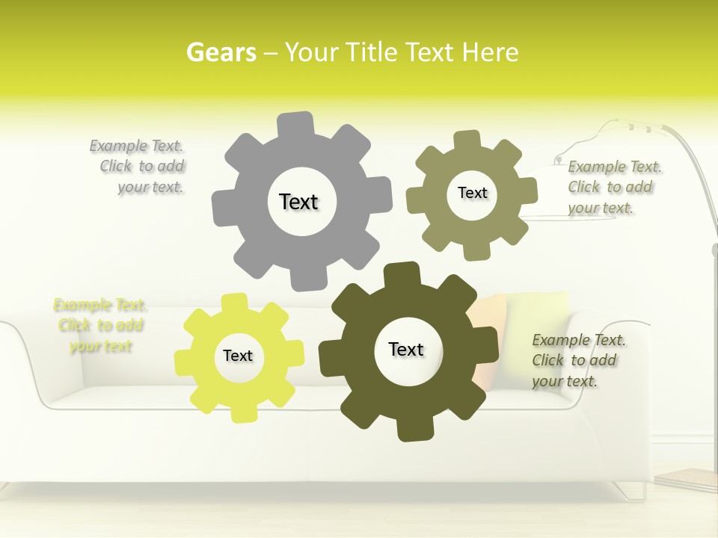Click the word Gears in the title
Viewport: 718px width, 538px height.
tap(221, 52)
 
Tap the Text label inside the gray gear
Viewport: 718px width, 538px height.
tap(298, 202)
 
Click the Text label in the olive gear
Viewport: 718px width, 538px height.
tap(472, 193)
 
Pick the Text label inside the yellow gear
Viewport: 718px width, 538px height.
tap(238, 356)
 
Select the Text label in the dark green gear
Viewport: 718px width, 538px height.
tap(406, 349)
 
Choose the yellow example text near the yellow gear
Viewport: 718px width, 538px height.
tap(100, 325)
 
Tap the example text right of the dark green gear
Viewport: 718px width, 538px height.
tap(577, 360)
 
